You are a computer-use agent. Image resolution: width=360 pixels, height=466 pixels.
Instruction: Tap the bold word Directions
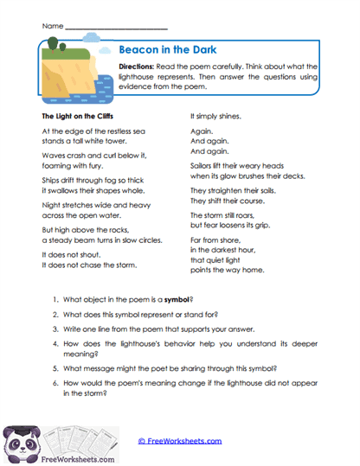point(139,66)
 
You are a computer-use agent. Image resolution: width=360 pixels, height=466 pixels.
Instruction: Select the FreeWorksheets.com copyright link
point(180,440)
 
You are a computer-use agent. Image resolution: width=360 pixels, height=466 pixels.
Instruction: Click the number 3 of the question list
point(55,330)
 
